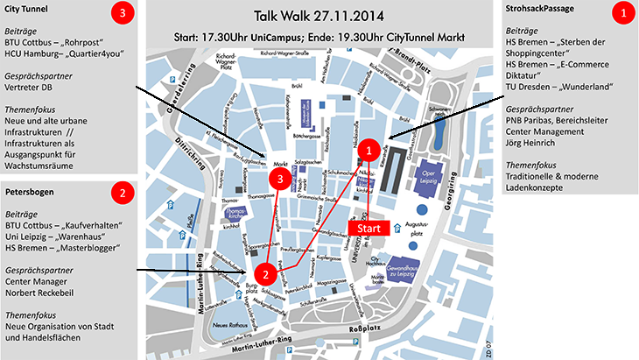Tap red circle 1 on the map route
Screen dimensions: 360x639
(369, 150)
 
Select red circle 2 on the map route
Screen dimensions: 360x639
(270, 273)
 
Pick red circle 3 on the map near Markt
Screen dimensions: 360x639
(280, 180)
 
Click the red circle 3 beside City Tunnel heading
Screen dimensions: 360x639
(122, 14)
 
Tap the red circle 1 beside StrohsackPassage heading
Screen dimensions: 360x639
(623, 14)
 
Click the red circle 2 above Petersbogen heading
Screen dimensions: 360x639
(123, 191)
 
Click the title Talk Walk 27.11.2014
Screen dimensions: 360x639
(318, 16)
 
